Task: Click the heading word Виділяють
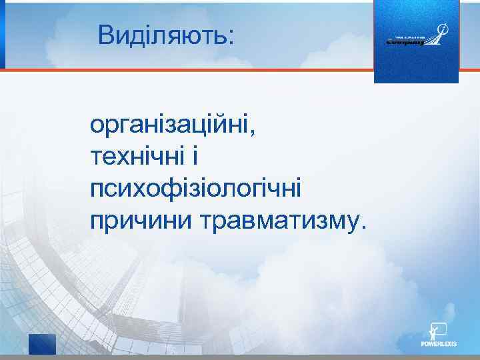161,35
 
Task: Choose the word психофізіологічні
195,189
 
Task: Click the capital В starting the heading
106,35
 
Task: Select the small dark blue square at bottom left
42,345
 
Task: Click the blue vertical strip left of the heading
2,34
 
